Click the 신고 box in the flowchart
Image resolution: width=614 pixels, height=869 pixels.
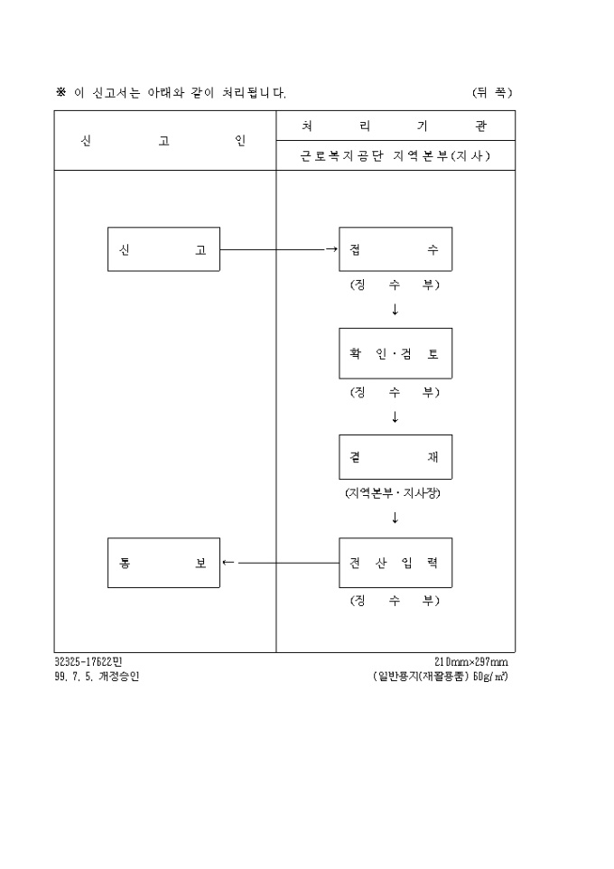tap(163, 249)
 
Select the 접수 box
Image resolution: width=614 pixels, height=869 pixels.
tap(395, 249)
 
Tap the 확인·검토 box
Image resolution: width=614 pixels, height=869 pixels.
tap(395, 353)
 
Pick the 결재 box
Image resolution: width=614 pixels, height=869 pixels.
tap(395, 457)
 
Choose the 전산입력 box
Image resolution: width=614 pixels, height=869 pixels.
tap(395, 563)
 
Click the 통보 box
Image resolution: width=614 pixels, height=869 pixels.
tap(163, 563)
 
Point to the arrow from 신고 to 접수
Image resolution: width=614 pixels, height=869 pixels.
tap(279, 249)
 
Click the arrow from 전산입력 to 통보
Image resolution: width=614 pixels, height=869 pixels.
tap(281, 563)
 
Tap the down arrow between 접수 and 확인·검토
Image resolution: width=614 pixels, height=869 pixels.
tap(395, 309)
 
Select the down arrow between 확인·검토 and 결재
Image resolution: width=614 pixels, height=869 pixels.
tap(395, 416)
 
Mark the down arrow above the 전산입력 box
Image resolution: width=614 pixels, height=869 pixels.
tap(395, 518)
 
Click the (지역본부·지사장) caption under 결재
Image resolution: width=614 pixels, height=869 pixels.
tap(393, 492)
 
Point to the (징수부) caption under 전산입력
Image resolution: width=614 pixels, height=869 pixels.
tap(395, 600)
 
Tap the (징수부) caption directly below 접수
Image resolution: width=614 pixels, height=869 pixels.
tap(395, 285)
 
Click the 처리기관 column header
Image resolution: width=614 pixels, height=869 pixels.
tap(395, 126)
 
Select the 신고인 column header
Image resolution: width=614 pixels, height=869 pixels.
tap(163, 141)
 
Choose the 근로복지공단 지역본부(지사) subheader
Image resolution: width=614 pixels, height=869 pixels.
tap(395, 155)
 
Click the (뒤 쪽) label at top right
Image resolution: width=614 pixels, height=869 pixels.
tap(493, 92)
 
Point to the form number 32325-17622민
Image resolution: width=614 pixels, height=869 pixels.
tap(88, 662)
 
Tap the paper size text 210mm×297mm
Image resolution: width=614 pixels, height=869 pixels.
tap(471, 662)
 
